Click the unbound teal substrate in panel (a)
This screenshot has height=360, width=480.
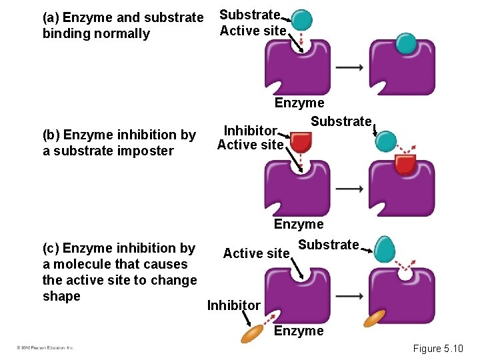[x=302, y=20]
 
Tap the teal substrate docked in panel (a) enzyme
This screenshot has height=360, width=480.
[x=405, y=43]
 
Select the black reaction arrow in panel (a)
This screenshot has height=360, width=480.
[x=349, y=67]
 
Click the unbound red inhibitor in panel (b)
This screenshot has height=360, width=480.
[x=301, y=141]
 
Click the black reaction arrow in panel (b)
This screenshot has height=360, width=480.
[x=349, y=189]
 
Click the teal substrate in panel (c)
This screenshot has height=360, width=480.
[x=384, y=249]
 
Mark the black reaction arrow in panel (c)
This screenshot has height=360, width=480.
[x=349, y=295]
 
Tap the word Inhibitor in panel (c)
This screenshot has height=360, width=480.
[x=233, y=305]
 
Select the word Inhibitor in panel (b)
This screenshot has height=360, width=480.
[x=250, y=129]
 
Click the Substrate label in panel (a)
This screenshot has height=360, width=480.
[x=249, y=15]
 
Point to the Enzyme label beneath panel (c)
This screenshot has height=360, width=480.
[x=299, y=331]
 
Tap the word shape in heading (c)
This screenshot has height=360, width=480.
[x=61, y=296]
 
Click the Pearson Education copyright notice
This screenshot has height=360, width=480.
[x=45, y=348]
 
